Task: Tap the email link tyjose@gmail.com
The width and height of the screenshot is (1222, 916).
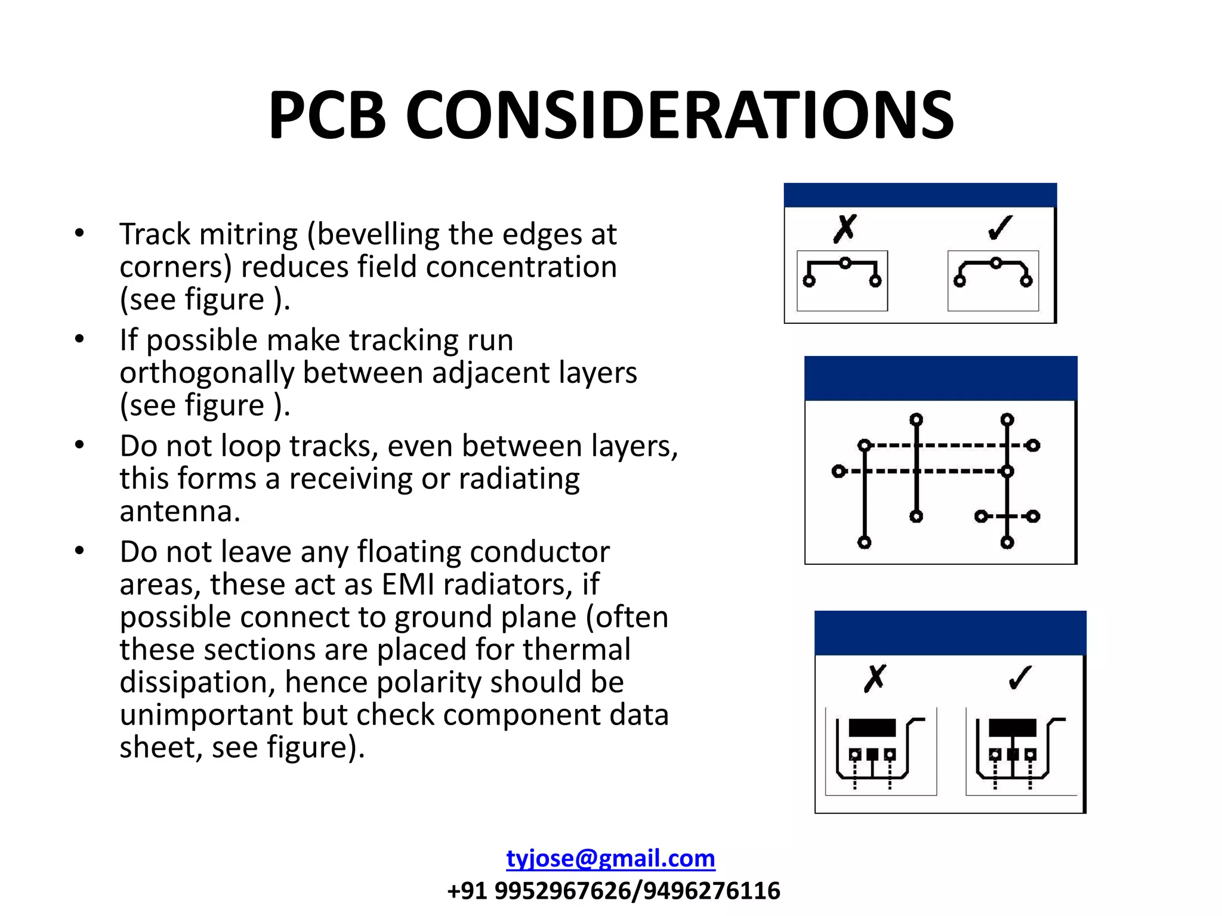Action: tap(610, 858)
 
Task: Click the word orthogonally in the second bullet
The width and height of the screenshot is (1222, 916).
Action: tap(206, 373)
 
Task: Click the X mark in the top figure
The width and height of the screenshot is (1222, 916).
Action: tap(845, 229)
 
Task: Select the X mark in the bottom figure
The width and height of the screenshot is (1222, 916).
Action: tap(875, 679)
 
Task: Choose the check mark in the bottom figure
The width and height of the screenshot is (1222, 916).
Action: tap(1020, 677)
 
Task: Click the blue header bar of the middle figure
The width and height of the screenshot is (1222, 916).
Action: tap(940, 378)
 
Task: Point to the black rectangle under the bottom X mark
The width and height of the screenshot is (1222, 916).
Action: tap(872, 728)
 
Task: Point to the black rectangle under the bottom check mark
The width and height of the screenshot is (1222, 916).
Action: tap(1012, 728)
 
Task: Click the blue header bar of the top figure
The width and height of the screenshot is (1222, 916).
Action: tap(920, 195)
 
